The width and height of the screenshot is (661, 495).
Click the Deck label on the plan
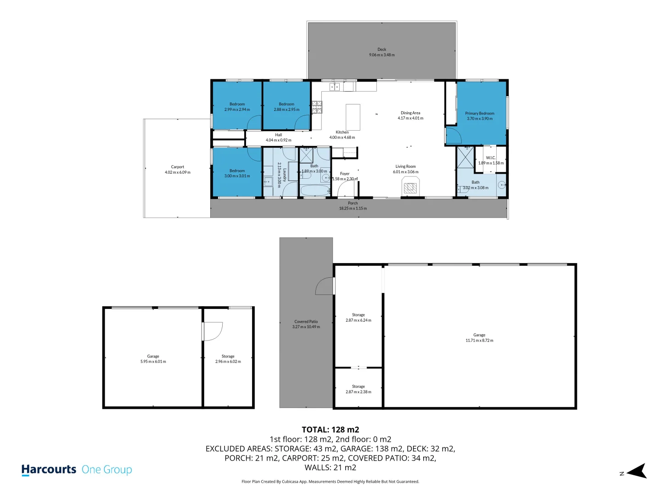[381, 49]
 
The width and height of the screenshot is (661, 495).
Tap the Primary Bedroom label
[479, 113]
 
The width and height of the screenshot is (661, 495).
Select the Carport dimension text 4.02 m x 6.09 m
[178, 172]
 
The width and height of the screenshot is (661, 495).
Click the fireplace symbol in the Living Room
[410, 187]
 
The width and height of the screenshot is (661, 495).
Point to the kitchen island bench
[353, 117]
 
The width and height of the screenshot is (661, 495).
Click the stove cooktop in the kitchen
[317, 107]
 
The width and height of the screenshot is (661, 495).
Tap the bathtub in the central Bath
[315, 190]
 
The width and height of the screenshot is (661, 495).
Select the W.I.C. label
[491, 158]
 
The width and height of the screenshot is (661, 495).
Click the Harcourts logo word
[49, 469]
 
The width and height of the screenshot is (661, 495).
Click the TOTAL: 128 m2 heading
[330, 429]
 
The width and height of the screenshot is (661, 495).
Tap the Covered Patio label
[306, 321]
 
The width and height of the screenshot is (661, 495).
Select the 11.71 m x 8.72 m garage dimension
[479, 341]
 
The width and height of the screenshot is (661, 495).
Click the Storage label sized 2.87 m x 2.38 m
[358, 386]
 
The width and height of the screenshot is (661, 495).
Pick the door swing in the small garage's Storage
[213, 331]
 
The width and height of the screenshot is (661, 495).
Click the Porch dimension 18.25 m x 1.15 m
[353, 209]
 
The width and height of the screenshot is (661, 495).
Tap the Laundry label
[285, 175]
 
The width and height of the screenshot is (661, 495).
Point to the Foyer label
[345, 174]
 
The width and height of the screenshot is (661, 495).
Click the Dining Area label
[410, 113]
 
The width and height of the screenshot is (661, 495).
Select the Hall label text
[278, 135]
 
